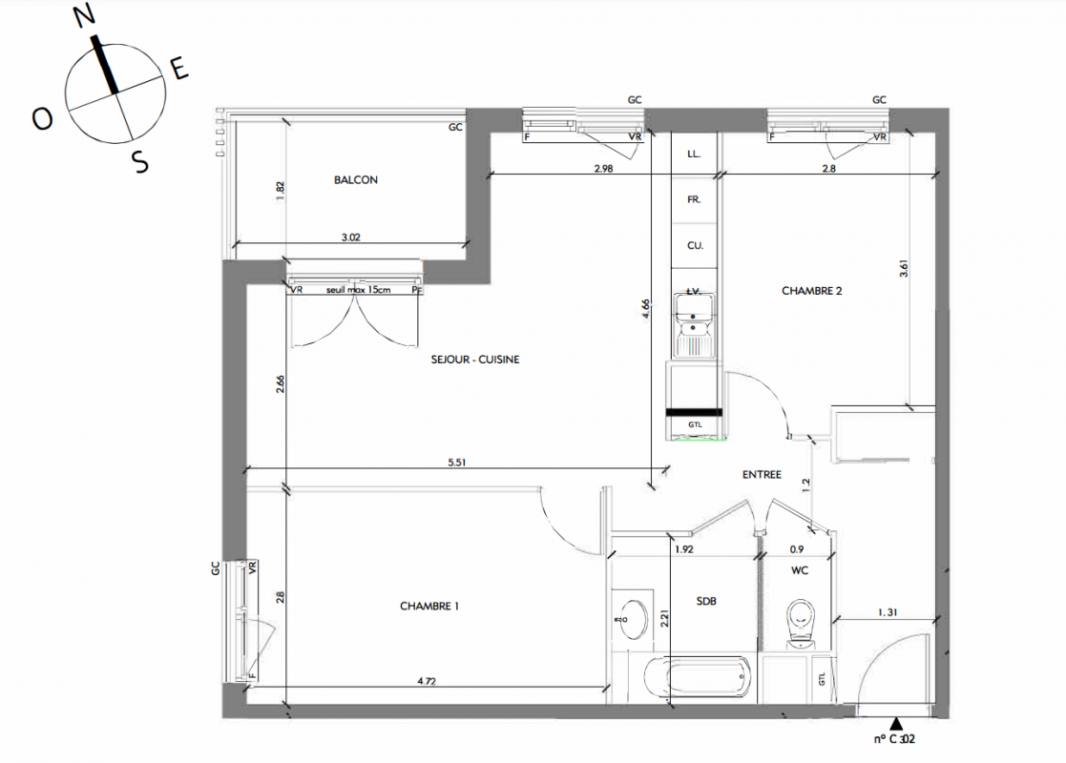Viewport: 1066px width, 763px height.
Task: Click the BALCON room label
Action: click(x=356, y=180)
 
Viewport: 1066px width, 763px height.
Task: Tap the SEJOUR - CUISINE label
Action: click(x=475, y=360)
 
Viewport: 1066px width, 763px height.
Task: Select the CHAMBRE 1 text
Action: click(x=429, y=606)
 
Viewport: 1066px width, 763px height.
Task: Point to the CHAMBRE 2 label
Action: click(x=812, y=291)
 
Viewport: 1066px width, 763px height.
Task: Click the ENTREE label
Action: click(x=762, y=475)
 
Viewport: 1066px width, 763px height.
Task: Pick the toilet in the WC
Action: click(x=800, y=623)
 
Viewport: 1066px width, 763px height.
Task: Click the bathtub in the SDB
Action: click(x=698, y=677)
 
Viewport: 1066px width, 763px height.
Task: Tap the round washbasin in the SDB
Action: click(x=632, y=619)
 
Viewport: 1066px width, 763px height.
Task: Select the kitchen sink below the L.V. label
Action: click(x=694, y=325)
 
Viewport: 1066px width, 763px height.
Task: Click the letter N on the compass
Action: click(x=84, y=16)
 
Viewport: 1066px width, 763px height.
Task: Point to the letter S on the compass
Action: click(x=139, y=162)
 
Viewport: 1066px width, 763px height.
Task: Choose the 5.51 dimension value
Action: click(x=457, y=462)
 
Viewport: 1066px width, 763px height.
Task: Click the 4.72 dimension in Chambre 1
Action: click(x=427, y=681)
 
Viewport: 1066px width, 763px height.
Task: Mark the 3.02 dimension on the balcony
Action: click(x=351, y=237)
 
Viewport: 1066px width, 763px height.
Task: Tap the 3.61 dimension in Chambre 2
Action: click(x=904, y=269)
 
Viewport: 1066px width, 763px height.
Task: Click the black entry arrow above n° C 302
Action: click(x=896, y=724)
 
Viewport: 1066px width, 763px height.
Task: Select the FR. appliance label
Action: click(x=694, y=199)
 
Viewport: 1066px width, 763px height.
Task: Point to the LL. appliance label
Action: click(x=694, y=155)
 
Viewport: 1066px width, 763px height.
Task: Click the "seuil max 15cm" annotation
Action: click(x=358, y=289)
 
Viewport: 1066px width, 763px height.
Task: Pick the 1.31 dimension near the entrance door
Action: click(x=888, y=612)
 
